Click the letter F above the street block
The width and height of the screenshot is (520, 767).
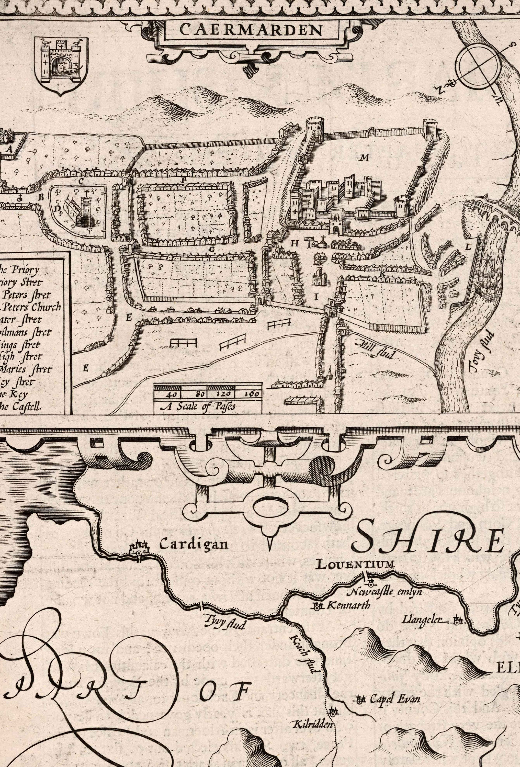pyautogui.click(x=184, y=180)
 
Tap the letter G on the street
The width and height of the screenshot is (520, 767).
pyautogui.click(x=211, y=250)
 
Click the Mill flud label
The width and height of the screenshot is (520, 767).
pyautogui.click(x=376, y=349)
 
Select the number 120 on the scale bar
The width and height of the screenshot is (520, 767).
pyautogui.click(x=220, y=394)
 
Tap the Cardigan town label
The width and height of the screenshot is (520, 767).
pyautogui.click(x=194, y=544)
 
